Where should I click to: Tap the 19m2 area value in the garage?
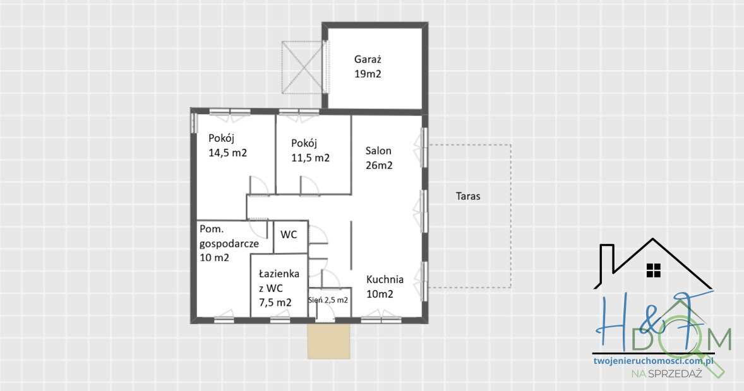point(368,74)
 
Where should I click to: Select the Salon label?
point(378,151)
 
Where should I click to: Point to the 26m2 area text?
point(379,166)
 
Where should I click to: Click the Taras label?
point(468,196)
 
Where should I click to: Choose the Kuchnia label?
point(385,279)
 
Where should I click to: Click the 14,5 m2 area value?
point(227,153)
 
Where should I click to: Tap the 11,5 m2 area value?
point(310,158)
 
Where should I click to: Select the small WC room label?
point(289,235)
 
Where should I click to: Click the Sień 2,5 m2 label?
point(328,300)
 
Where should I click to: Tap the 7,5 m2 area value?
point(275,302)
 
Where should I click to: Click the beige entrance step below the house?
point(328,342)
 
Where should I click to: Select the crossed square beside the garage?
point(302,67)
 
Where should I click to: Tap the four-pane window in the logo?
point(653,271)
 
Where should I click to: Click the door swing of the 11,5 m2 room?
point(309,185)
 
